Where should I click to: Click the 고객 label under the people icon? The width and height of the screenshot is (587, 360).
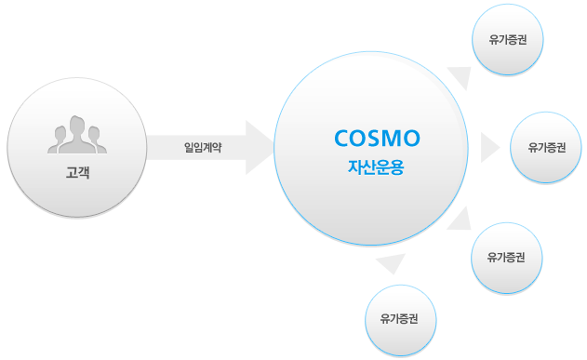click(77, 172)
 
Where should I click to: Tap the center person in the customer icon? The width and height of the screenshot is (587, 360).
click(77, 133)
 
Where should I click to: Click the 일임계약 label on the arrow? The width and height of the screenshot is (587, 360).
click(203, 147)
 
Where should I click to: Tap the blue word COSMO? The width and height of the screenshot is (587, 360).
click(377, 139)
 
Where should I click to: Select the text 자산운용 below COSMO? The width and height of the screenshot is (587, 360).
click(377, 170)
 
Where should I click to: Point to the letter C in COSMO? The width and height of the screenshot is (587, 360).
click(341, 139)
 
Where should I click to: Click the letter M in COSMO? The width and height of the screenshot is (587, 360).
click(394, 139)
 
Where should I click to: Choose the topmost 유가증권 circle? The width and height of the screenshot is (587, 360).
click(508, 41)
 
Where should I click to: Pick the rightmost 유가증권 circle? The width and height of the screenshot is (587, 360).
click(547, 147)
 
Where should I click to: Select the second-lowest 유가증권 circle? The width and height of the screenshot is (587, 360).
click(507, 258)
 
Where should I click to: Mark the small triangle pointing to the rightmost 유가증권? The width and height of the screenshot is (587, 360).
click(488, 147)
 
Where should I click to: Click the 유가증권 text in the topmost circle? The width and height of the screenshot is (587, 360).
click(508, 41)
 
